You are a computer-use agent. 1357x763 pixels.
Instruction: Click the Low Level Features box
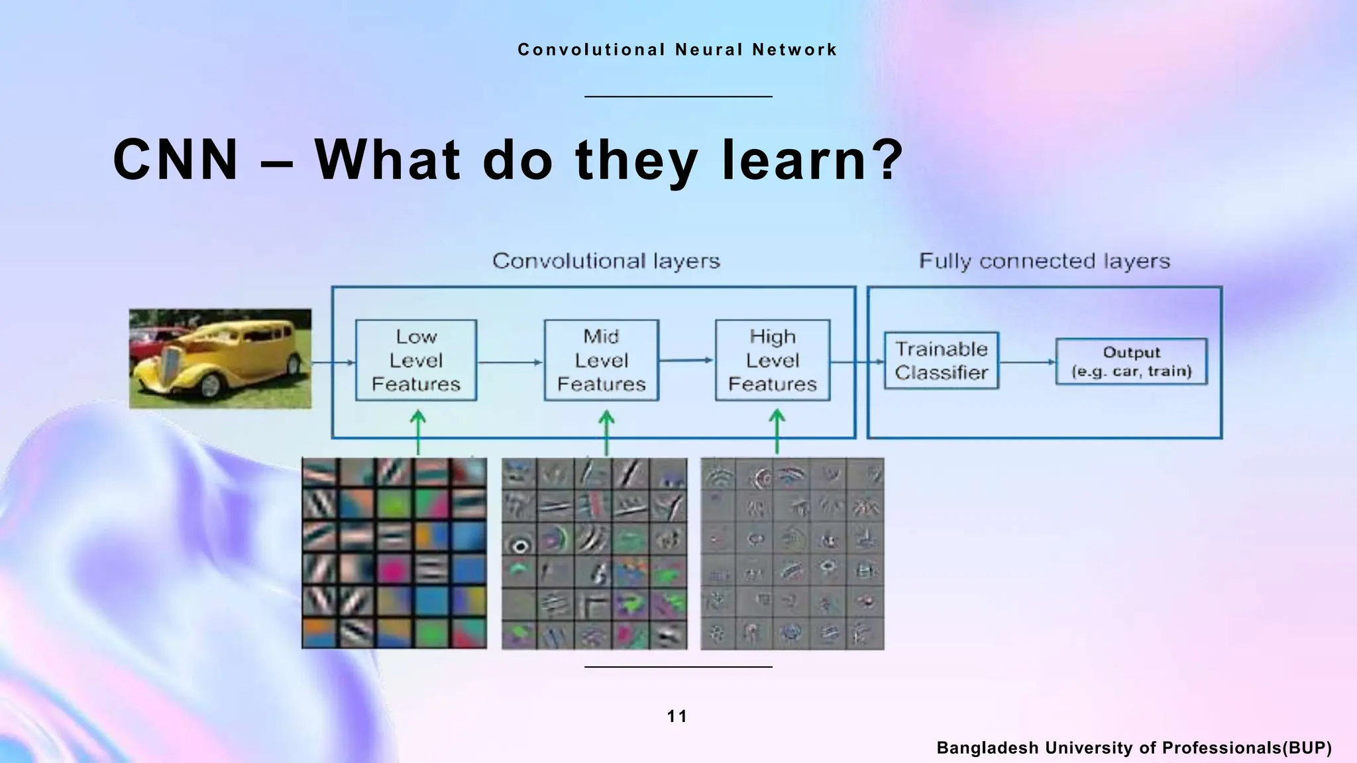pyautogui.click(x=415, y=360)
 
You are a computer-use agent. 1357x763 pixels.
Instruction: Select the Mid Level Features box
pyautogui.click(x=601, y=360)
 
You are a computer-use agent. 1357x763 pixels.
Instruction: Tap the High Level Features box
pyautogui.click(x=772, y=360)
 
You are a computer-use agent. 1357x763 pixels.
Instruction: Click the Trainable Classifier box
pyautogui.click(x=941, y=360)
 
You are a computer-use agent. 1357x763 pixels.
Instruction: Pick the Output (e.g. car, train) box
pyautogui.click(x=1131, y=362)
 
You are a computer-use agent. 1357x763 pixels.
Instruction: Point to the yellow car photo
pyautogui.click(x=220, y=358)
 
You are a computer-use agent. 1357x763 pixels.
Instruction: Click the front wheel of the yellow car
pyautogui.click(x=210, y=384)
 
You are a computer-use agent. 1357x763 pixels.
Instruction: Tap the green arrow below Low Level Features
pyautogui.click(x=417, y=431)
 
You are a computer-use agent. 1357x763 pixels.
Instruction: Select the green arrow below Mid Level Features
pyautogui.click(x=606, y=431)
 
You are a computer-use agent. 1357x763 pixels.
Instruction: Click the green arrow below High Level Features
pyautogui.click(x=777, y=431)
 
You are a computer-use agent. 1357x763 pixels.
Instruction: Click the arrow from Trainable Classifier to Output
pyautogui.click(x=1027, y=362)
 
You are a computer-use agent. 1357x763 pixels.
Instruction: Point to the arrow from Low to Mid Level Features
pyautogui.click(x=510, y=362)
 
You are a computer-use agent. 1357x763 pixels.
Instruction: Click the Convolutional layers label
pyautogui.click(x=606, y=261)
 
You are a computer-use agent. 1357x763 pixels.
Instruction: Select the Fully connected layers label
pyautogui.click(x=1044, y=261)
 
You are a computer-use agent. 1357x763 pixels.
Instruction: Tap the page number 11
pyautogui.click(x=677, y=716)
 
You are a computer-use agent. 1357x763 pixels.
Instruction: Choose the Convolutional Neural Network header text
pyautogui.click(x=677, y=50)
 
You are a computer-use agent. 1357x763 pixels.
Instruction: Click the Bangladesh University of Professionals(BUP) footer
pyautogui.click(x=1134, y=748)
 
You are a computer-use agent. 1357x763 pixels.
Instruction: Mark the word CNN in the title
pyautogui.click(x=176, y=160)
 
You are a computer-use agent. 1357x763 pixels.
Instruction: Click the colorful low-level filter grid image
pyautogui.click(x=394, y=553)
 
